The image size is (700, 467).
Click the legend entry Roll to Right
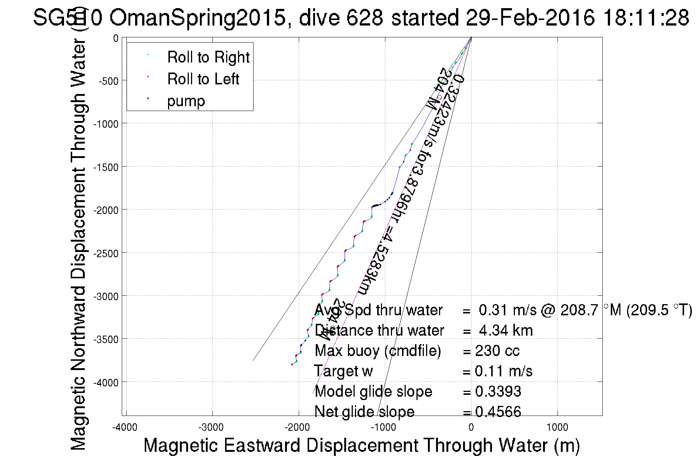(x=208, y=57)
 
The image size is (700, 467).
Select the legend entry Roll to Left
(x=203, y=79)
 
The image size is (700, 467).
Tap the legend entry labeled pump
(x=186, y=101)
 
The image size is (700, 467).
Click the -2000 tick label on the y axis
(x=105, y=210)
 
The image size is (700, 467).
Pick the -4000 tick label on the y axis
(x=105, y=383)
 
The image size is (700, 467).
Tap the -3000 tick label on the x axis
(x=211, y=427)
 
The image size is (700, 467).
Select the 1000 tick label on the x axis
(x=557, y=427)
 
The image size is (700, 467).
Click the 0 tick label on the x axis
(x=471, y=427)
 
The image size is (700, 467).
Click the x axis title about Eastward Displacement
(x=361, y=445)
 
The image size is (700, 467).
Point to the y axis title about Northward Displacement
(x=78, y=244)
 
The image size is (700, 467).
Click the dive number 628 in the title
(x=365, y=17)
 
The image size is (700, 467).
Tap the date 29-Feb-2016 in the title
(x=530, y=17)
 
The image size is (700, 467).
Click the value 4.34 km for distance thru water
(x=506, y=330)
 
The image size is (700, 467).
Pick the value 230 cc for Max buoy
(x=497, y=351)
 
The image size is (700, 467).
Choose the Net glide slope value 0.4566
(x=498, y=411)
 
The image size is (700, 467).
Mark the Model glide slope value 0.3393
(x=498, y=392)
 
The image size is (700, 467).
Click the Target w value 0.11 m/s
(x=503, y=371)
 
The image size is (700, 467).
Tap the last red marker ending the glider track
(x=292, y=364)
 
